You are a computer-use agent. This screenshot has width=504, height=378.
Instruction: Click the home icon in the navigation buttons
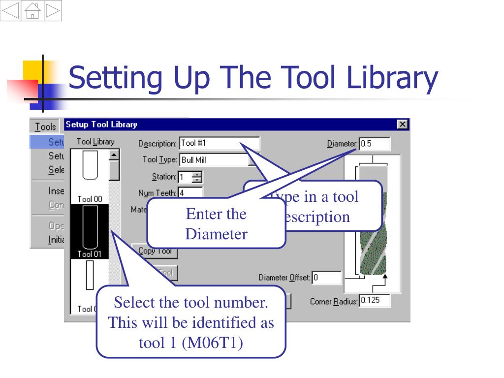(32, 11)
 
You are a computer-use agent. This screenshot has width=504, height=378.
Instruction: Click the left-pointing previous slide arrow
(11, 11)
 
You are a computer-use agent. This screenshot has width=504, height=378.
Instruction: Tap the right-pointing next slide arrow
(53, 11)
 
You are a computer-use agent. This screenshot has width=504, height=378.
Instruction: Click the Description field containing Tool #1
(219, 144)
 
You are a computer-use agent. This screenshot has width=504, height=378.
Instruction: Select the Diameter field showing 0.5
(375, 144)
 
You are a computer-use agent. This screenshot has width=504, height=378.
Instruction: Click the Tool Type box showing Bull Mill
(214, 160)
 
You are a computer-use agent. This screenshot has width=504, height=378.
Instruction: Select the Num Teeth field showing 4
(190, 193)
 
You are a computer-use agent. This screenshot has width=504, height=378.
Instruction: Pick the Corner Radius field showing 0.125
(375, 300)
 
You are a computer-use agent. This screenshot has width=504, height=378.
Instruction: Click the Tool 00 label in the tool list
(90, 199)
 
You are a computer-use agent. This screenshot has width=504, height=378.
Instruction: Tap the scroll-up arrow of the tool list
(114, 155)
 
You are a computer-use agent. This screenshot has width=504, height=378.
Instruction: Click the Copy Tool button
(155, 251)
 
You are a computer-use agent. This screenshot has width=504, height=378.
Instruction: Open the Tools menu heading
(46, 126)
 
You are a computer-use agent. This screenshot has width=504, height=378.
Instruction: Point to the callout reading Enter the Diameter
(216, 224)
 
